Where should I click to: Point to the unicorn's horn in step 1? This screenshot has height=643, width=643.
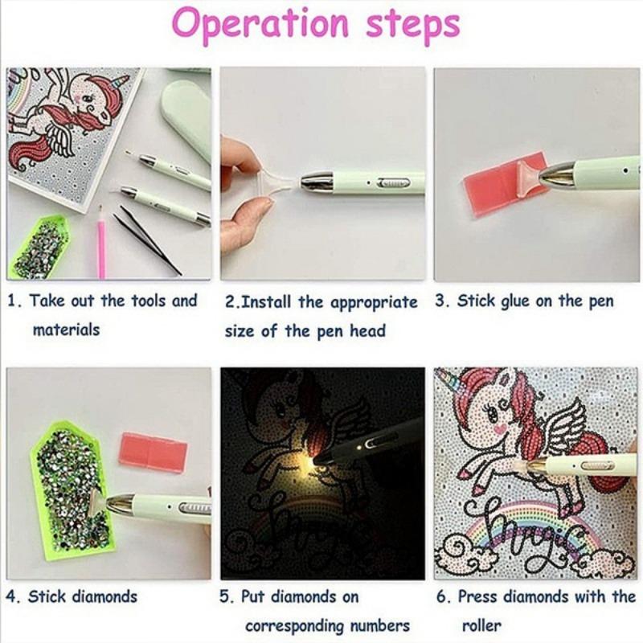tap(121, 82)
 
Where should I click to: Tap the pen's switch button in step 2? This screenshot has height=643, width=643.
tap(395, 182)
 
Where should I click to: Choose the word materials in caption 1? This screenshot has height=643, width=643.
tap(66, 330)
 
